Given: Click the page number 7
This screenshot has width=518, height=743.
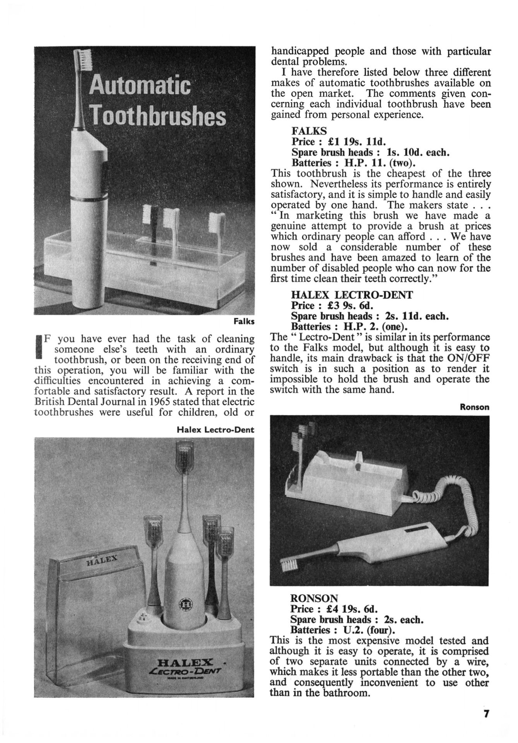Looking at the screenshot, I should tap(486, 713).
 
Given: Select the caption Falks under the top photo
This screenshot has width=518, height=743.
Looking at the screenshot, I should tap(244, 322).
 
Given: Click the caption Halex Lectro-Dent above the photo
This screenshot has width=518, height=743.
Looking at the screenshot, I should tap(215, 429).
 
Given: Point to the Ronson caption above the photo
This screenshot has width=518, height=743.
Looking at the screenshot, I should tap(474, 407).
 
